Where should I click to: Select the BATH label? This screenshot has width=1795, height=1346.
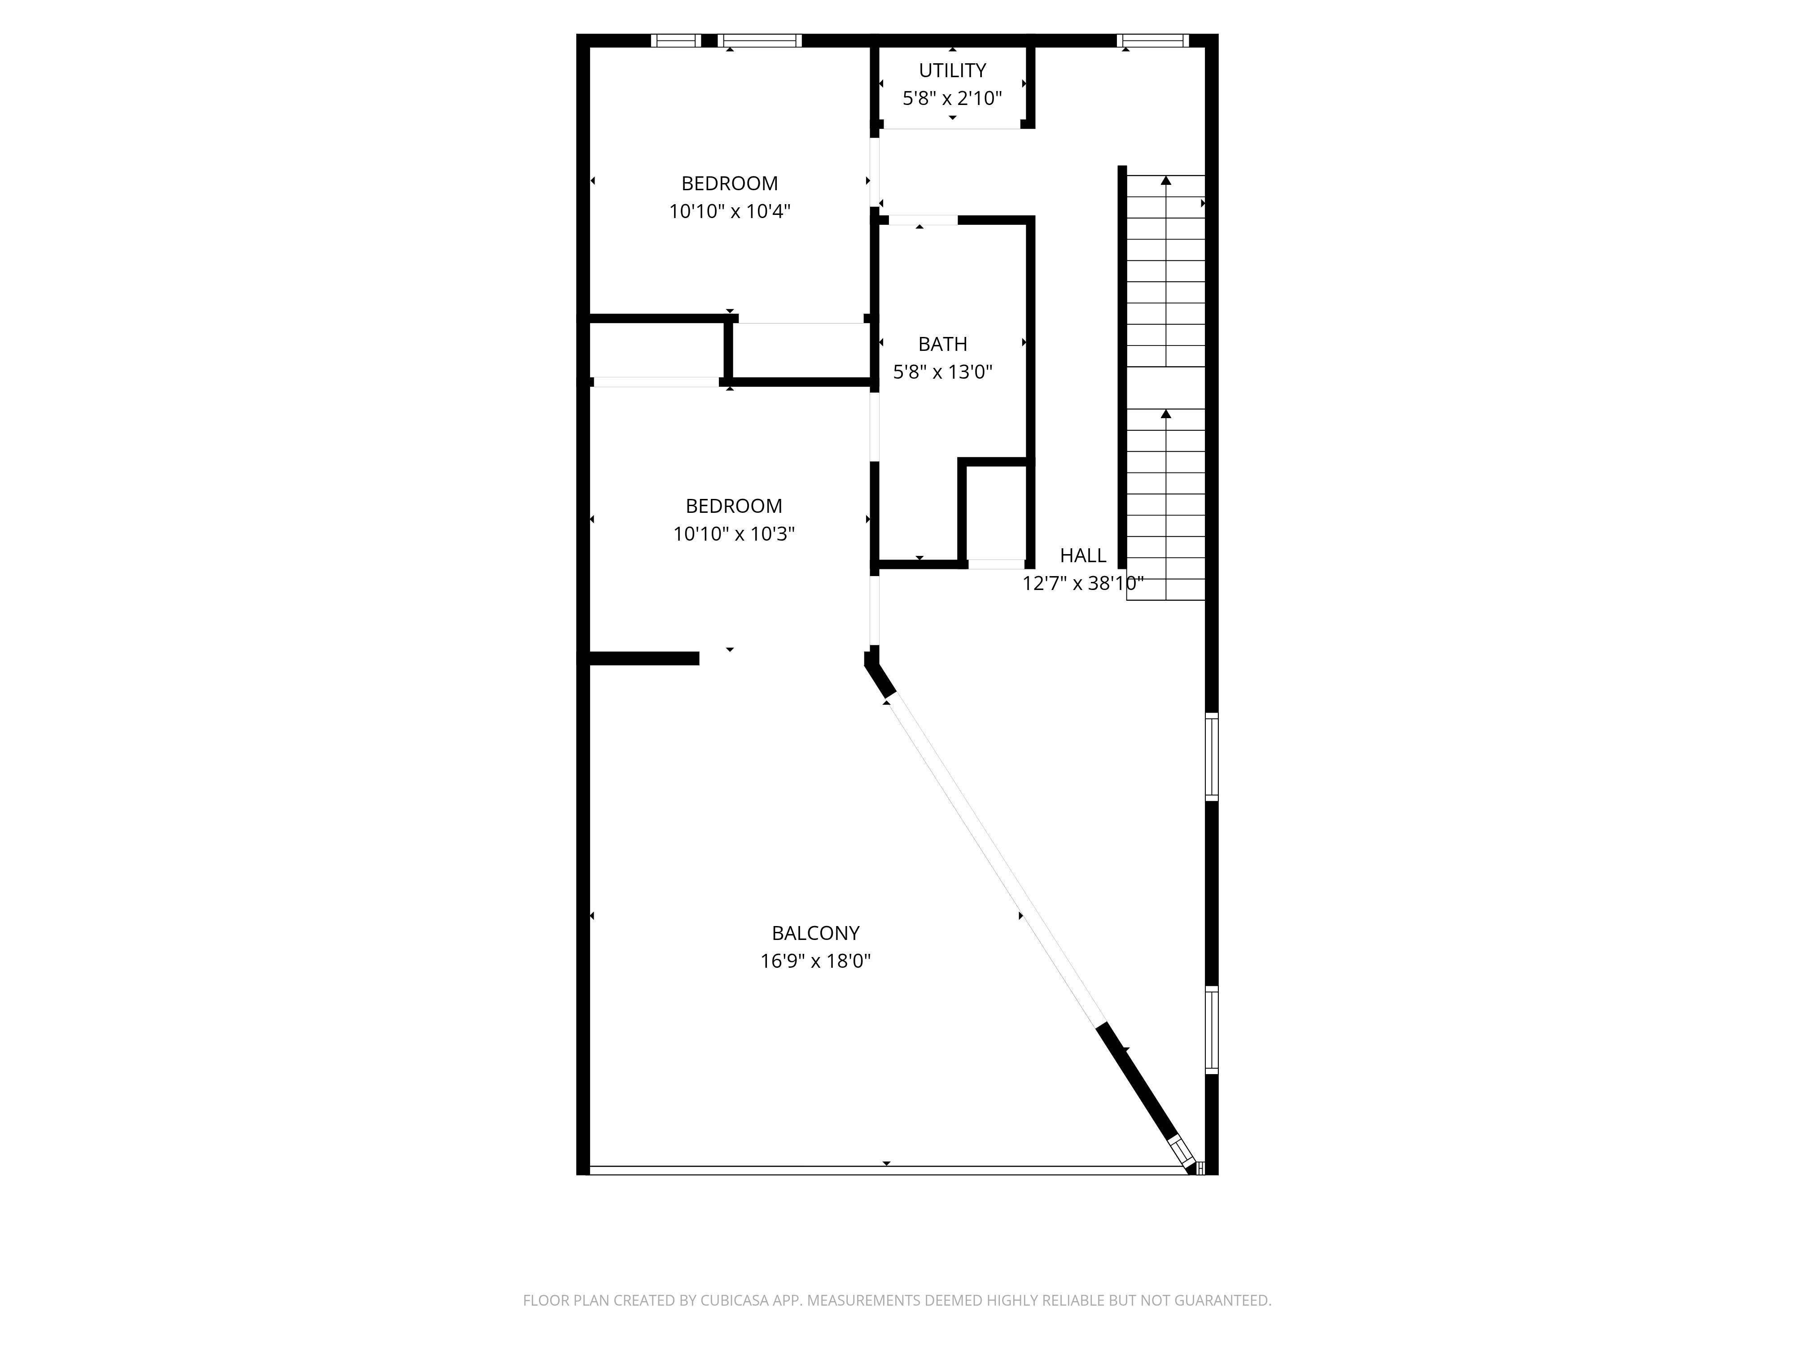[x=942, y=344]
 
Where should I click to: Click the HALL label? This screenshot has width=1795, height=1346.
[x=1082, y=556]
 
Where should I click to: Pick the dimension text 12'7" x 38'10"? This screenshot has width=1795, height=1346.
[x=1082, y=583]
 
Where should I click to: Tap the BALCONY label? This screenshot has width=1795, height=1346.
[x=815, y=933]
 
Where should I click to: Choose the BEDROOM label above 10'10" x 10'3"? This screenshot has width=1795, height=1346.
[x=734, y=506]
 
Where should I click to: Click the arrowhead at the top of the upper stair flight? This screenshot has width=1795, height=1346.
[x=1166, y=180]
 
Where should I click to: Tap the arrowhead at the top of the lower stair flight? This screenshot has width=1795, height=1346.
[x=1166, y=414]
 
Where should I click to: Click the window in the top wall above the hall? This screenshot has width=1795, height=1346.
[x=1152, y=40]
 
